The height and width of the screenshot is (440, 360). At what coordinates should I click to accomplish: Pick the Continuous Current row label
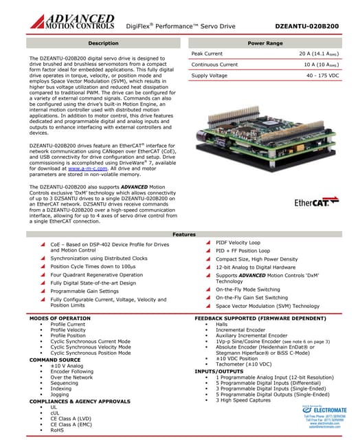[x=214, y=65]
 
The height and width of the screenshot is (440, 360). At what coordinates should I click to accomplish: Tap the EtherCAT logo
[x=316, y=203]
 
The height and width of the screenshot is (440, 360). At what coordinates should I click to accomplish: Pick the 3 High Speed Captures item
[x=245, y=399]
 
